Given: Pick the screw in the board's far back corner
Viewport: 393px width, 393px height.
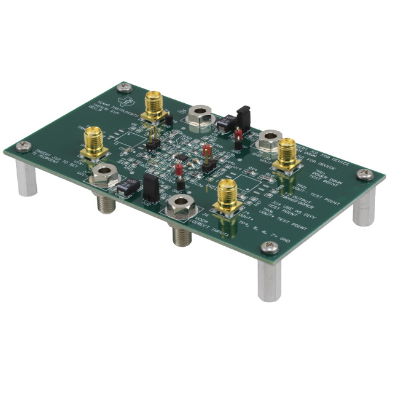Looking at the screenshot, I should (123, 85).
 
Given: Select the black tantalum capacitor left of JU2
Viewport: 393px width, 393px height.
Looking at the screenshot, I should (126, 189).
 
